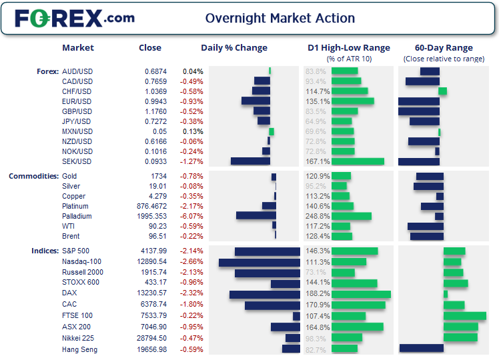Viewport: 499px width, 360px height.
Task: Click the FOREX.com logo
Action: point(75,18)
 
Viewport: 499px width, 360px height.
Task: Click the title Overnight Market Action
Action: point(280,18)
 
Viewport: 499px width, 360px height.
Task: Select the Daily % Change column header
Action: point(234,47)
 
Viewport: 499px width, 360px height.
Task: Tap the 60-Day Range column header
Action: point(444,47)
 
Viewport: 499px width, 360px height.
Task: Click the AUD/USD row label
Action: point(77,71)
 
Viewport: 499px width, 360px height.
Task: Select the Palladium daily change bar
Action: point(256,216)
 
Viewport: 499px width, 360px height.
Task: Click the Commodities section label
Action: point(32,176)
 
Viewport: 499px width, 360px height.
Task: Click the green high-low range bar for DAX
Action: point(361,293)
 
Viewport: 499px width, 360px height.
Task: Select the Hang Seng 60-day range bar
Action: point(422,347)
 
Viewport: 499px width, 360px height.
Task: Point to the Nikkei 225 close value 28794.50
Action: point(150,338)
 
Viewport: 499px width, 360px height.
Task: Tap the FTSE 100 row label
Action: point(77,316)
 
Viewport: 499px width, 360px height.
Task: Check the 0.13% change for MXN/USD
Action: point(193,131)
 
